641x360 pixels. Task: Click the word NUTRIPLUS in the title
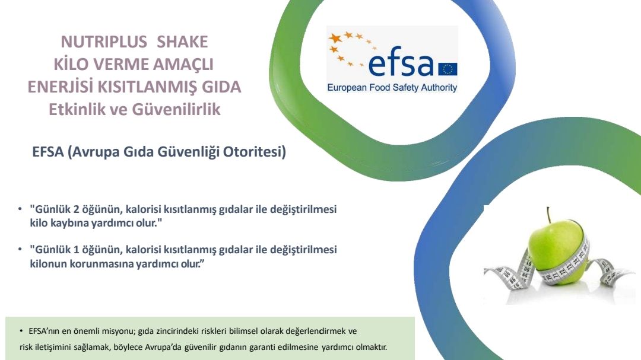(104, 42)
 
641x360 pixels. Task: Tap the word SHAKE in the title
(182, 42)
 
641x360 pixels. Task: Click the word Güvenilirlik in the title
(175, 110)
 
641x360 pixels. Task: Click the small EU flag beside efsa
(448, 69)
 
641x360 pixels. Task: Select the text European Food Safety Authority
(392, 87)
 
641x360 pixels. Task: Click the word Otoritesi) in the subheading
(254, 152)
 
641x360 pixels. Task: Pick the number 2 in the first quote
(76, 209)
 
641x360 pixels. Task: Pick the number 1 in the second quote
(76, 250)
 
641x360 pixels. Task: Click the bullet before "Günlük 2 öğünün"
(20, 209)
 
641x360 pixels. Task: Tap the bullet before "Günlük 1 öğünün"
(20, 249)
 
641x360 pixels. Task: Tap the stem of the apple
(548, 215)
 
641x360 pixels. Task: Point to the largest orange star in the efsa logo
(335, 39)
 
